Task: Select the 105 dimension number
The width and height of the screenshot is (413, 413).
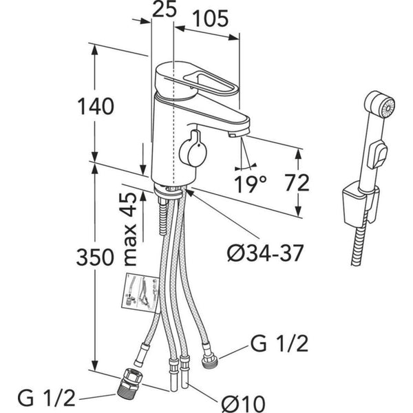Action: click(x=209, y=19)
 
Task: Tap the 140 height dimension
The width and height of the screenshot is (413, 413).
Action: click(x=96, y=106)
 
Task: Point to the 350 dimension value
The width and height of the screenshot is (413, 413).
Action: click(x=94, y=258)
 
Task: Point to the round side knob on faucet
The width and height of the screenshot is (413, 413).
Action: click(x=191, y=147)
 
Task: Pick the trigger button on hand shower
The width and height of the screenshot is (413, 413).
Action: click(x=377, y=155)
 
